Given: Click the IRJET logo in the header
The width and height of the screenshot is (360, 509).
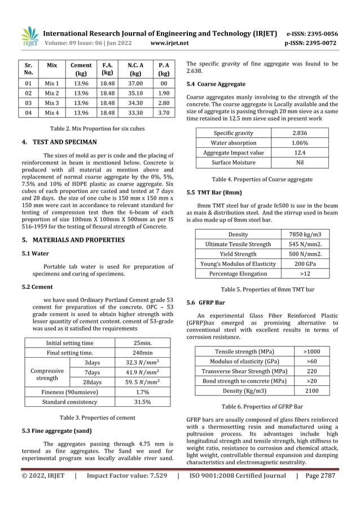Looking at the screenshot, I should [x=29, y=37].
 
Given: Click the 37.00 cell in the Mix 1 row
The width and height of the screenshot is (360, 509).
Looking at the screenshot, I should [x=135, y=84].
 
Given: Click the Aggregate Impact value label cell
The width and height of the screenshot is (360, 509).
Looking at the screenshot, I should [x=233, y=152].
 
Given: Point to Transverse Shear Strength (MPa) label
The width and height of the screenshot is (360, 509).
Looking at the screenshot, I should [x=240, y=371].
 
